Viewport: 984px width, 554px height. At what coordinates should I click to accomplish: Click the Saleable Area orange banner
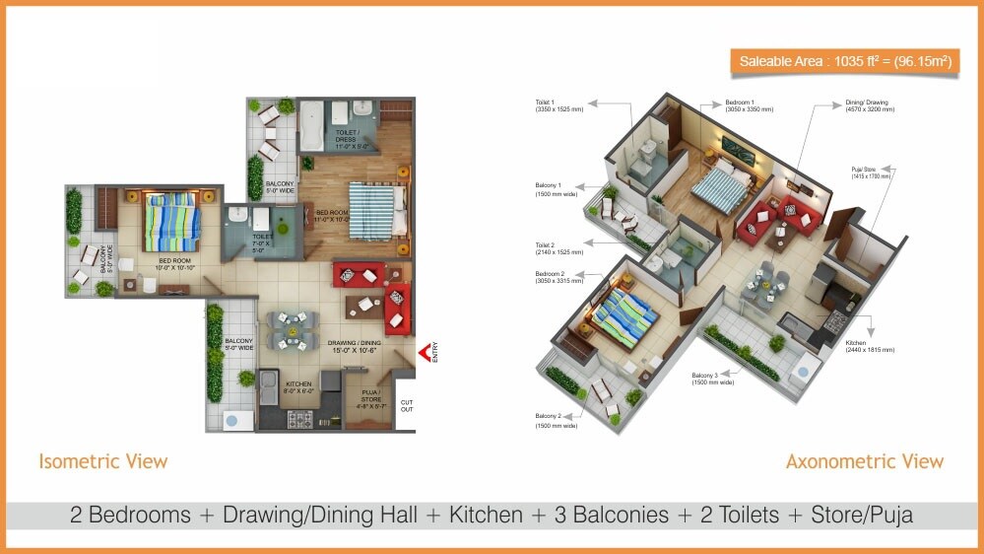point(845,62)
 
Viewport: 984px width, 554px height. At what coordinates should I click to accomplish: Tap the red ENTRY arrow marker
point(425,353)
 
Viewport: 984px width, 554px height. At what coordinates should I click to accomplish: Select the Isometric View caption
point(103,461)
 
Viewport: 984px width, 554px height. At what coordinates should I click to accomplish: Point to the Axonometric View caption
point(864,461)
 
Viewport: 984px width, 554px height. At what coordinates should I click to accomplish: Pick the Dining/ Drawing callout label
point(868,105)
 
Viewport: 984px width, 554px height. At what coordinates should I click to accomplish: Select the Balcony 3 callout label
point(712,379)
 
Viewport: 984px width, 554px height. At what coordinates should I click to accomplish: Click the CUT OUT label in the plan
point(406,406)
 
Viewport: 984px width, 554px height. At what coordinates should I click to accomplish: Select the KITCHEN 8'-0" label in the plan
point(299,386)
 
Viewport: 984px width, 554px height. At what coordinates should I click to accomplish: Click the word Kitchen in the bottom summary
point(486,515)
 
